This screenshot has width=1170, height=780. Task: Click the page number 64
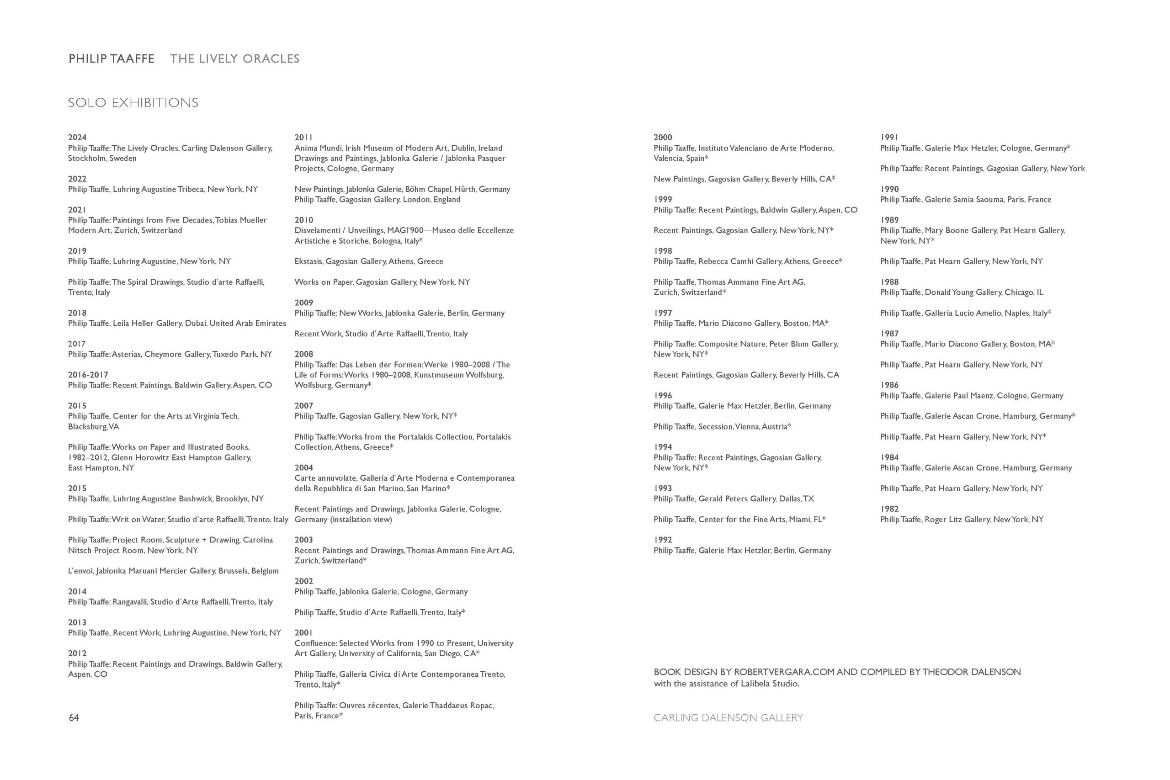click(x=74, y=717)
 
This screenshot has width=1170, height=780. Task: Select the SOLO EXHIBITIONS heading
click(x=133, y=103)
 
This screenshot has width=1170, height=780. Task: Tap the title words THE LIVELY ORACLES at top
click(x=235, y=58)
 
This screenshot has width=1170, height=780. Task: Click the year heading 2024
click(x=77, y=137)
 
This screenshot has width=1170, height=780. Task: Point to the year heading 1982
click(x=889, y=509)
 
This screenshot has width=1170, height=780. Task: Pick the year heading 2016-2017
click(x=88, y=375)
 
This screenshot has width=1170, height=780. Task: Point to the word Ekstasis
click(x=308, y=261)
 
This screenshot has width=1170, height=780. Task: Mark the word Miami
click(x=799, y=520)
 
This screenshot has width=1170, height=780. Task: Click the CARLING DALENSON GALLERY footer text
click(x=728, y=717)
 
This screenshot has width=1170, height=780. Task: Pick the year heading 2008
click(x=303, y=354)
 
